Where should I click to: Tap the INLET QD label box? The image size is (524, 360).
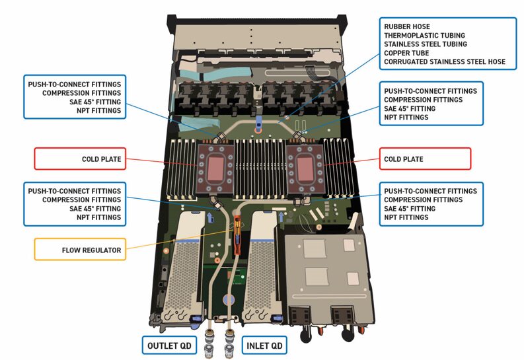tap(265, 345)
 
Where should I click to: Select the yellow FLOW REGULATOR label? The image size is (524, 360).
tap(79, 250)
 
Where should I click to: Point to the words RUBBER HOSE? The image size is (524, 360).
tap(406, 26)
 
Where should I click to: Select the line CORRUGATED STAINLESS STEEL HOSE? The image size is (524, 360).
tap(445, 61)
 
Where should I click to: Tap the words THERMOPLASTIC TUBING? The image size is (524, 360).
tap(424, 35)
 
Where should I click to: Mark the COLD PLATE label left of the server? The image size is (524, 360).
tap(79, 159)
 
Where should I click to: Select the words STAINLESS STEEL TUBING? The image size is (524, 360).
tap(426, 44)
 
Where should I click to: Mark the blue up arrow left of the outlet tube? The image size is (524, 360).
tap(210, 216)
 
